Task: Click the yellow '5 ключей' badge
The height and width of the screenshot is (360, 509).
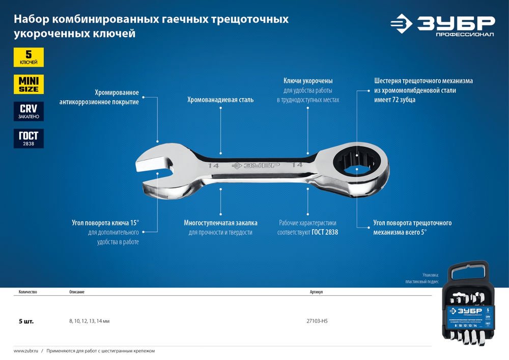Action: click(29, 57)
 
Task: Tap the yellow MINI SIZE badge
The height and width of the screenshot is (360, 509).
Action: click(29, 84)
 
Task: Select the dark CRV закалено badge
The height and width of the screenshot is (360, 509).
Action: click(29, 111)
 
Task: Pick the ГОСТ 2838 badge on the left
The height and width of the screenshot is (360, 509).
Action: click(29, 138)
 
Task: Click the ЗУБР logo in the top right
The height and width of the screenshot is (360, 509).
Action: click(443, 25)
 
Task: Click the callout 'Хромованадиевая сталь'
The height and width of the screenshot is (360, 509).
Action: click(220, 100)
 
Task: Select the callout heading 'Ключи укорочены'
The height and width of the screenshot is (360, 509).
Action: click(308, 80)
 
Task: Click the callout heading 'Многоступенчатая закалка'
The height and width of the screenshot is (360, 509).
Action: click(220, 223)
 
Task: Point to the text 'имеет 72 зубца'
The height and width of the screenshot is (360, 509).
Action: click(394, 100)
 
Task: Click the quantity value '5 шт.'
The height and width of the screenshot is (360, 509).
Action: click(26, 322)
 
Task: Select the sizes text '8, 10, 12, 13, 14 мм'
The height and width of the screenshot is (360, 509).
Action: click(90, 322)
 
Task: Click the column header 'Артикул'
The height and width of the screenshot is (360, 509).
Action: click(316, 292)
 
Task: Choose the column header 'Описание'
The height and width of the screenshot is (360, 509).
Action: click(77, 292)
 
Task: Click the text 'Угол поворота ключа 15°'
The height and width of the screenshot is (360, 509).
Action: click(106, 223)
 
